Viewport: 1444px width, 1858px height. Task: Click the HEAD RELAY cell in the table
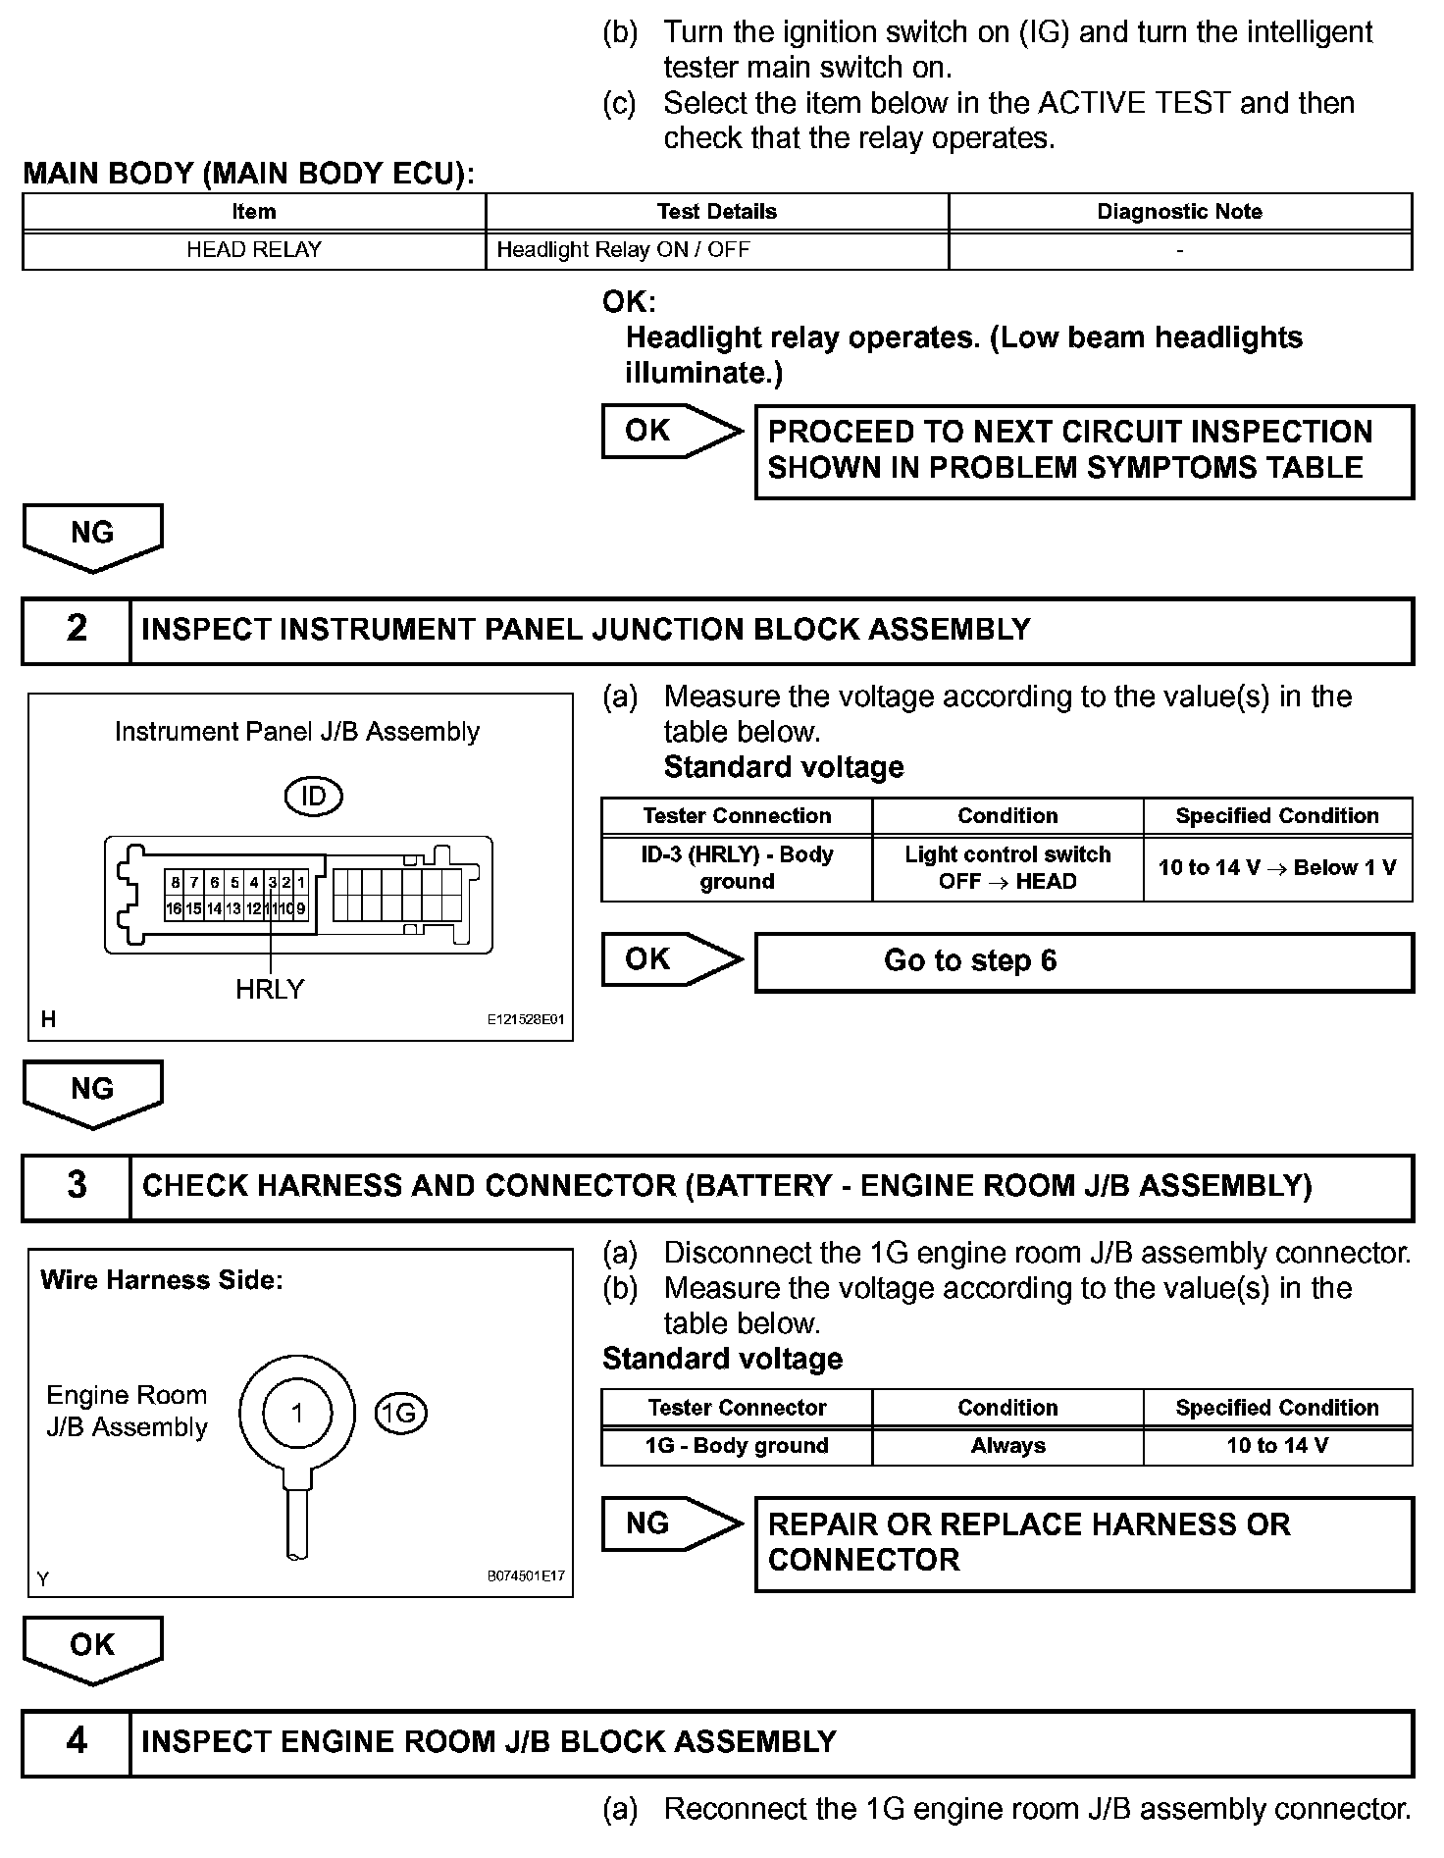point(254,249)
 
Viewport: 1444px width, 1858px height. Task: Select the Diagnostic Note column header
point(1179,212)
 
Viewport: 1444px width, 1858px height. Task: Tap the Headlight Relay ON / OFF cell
point(716,249)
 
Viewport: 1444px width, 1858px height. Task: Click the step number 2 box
point(77,629)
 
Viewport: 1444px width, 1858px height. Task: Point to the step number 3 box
point(77,1185)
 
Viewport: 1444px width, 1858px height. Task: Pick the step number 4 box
point(77,1741)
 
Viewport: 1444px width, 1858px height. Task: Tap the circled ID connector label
point(313,796)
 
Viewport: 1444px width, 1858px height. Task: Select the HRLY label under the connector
point(270,989)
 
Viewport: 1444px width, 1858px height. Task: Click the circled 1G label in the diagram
point(400,1413)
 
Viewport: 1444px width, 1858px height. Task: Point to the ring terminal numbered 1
point(297,1414)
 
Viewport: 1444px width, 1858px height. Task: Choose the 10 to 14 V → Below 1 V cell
point(1277,867)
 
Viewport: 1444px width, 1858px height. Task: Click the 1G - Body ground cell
point(737,1445)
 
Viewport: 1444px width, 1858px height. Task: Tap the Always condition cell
point(1007,1445)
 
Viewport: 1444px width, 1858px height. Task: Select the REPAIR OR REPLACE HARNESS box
point(1084,1542)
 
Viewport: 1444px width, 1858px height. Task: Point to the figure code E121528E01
point(526,1019)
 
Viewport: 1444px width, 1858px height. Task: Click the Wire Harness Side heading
point(162,1280)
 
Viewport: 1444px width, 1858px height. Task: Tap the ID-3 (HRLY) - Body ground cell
point(737,867)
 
